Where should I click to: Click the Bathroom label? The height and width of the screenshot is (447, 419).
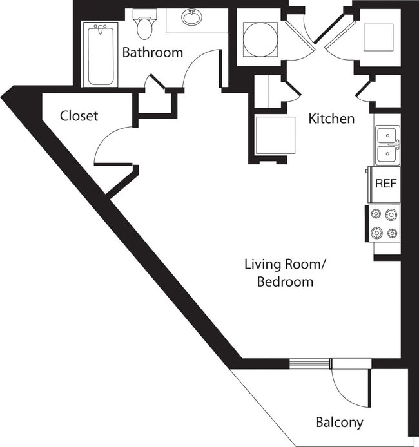[153, 52]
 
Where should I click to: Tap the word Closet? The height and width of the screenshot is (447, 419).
[79, 116]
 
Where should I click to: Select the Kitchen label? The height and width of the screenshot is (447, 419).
[331, 119]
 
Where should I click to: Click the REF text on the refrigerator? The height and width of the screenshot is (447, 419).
[385, 183]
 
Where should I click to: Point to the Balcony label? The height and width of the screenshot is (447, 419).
[339, 423]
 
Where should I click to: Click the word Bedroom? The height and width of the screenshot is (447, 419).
[285, 281]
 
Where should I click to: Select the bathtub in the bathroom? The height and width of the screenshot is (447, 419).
[99, 54]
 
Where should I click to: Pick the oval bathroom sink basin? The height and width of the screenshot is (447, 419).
[191, 18]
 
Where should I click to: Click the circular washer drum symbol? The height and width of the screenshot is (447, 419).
[260, 39]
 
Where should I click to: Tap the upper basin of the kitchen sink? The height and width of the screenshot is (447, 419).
[387, 136]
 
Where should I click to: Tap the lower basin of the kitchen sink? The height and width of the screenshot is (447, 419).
[387, 154]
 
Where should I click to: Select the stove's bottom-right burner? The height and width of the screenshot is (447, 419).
[391, 233]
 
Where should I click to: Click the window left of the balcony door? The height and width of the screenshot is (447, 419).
[309, 364]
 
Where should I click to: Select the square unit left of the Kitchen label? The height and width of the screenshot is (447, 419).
[275, 135]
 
